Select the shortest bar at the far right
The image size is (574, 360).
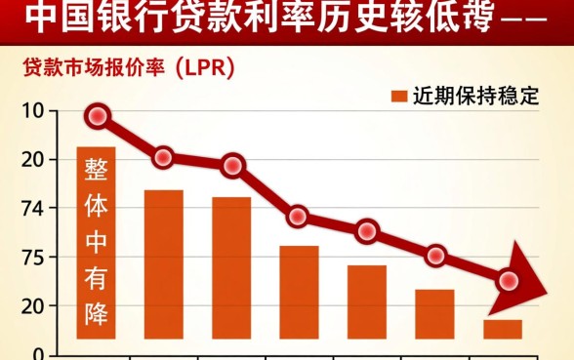coord(502,329)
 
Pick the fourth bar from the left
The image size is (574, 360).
coord(299,292)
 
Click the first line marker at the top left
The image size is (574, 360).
coord(97,117)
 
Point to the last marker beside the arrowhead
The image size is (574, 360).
coord(509,281)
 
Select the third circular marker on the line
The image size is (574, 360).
coord(232,166)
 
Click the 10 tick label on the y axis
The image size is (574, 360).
coord(31,110)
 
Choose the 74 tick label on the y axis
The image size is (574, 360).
coord(31,208)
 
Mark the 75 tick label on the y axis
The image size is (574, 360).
coord(31,258)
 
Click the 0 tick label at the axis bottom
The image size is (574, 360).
coord(37,353)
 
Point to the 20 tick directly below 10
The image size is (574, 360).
coord(31,159)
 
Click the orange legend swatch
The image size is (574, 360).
coord(398,96)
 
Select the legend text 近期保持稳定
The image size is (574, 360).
coord(475,96)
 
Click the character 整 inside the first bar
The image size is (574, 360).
coord(97,168)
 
